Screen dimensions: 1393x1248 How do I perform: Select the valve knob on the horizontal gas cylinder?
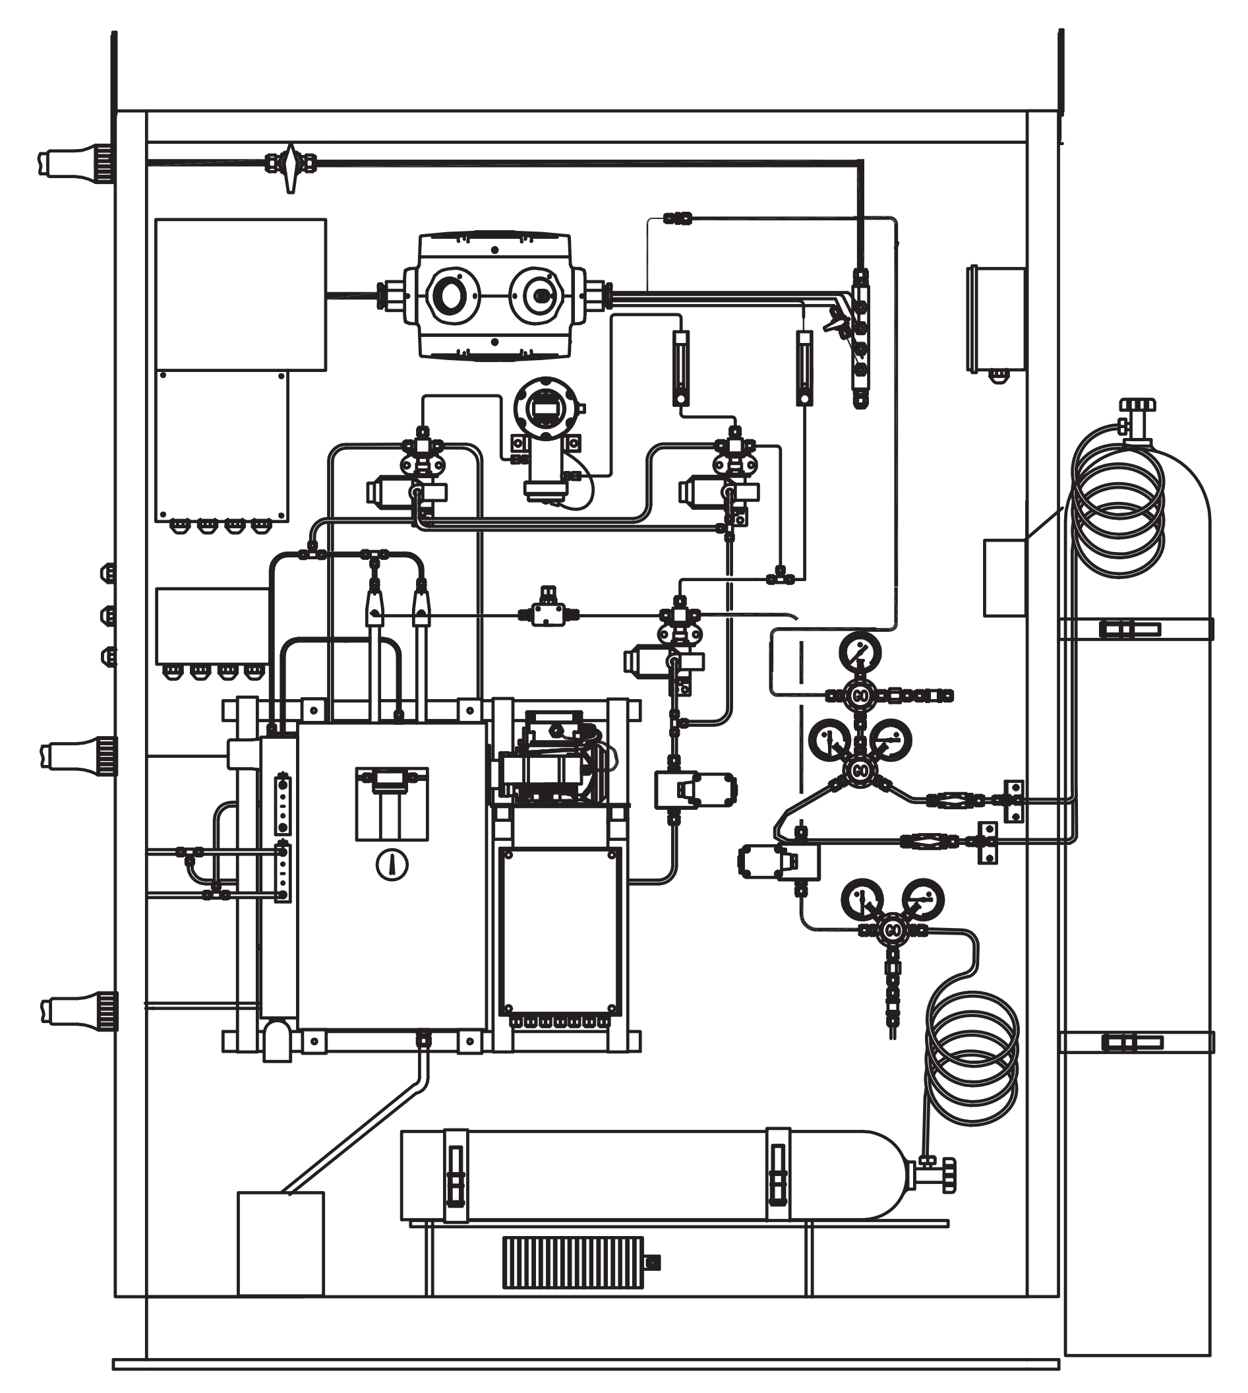coord(948,1175)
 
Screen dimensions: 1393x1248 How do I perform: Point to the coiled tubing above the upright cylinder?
coord(1117,508)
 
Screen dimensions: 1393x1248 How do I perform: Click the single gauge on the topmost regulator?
coord(860,652)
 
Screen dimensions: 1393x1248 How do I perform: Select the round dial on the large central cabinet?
coord(392,865)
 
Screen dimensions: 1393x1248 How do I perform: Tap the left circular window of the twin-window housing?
coord(452,295)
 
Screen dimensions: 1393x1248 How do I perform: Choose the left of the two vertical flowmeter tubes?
coord(680,369)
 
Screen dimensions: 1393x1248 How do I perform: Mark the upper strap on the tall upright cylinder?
coord(1135,629)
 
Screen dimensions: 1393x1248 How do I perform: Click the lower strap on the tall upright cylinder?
coord(1135,1043)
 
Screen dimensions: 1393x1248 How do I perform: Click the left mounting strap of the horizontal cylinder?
coord(456,1175)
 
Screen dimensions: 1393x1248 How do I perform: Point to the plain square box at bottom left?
coord(280,1243)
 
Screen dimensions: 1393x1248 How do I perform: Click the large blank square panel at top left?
coord(240,294)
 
